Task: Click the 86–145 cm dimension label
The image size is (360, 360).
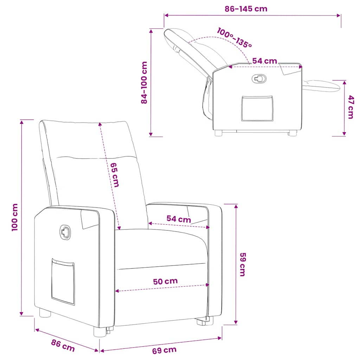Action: coord(246,9)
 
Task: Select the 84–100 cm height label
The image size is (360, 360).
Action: coord(144,83)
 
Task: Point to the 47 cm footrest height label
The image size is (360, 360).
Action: coord(351,107)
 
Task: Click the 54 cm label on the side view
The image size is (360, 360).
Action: coord(264,61)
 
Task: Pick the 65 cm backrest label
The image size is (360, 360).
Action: coord(115,175)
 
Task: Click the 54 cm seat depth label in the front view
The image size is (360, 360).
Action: coord(179,219)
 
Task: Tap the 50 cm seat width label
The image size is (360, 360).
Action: coord(165,281)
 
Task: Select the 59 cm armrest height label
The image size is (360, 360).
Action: coord(243,264)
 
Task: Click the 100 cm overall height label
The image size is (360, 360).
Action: coord(15,217)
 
